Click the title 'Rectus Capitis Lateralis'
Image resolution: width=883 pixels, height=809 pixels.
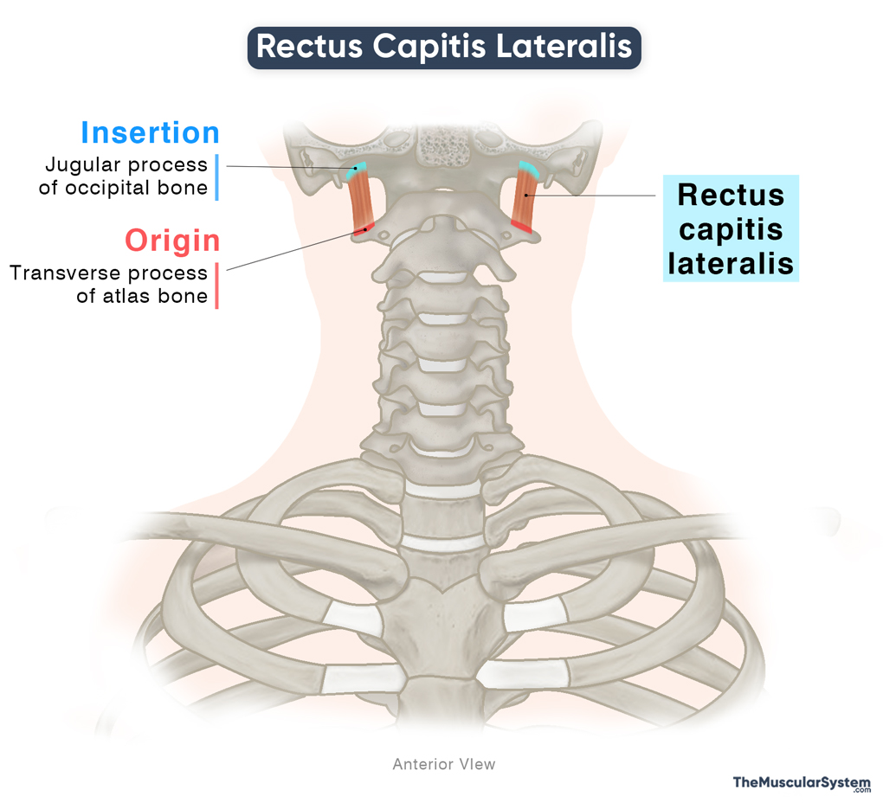click(443, 47)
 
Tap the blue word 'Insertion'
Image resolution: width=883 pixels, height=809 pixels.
click(150, 132)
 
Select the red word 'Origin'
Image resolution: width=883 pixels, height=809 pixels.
click(171, 240)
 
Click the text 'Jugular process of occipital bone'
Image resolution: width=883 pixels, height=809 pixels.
click(126, 176)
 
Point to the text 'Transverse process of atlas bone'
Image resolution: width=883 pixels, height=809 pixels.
click(109, 285)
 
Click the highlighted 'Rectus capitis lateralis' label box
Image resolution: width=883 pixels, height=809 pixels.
click(731, 229)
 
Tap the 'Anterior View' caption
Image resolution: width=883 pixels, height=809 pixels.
click(443, 764)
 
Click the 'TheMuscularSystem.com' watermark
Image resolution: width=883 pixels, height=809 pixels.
click(801, 784)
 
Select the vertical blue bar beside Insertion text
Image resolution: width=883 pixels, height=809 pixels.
click(216, 177)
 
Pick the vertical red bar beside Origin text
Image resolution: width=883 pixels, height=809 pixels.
click(216, 286)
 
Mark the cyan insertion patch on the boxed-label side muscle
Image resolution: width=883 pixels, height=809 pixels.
click(528, 170)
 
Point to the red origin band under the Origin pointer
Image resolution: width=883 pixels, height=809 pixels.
click(364, 229)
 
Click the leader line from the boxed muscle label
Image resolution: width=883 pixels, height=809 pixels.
click(597, 196)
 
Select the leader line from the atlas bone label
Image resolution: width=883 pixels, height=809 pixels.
click(294, 250)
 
